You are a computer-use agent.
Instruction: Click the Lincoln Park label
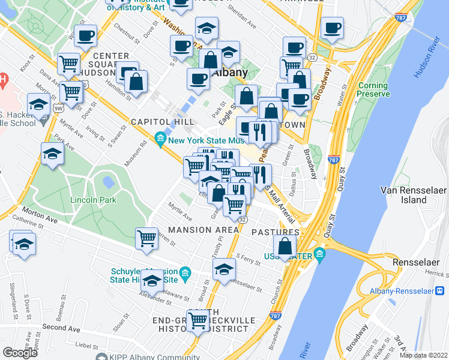tap(92, 200)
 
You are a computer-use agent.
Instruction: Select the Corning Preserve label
tap(373, 90)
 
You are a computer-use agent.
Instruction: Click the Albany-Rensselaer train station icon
tap(440, 290)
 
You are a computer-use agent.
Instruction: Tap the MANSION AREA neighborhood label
tap(199, 230)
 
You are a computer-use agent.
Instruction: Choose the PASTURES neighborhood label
tap(275, 232)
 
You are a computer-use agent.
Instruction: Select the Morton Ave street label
tap(38, 212)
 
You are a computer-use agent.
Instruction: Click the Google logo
tap(20, 353)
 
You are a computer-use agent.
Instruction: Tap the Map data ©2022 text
tap(424, 355)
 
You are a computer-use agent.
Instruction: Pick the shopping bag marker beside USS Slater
tap(285, 245)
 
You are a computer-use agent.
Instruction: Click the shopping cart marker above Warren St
tap(146, 238)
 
